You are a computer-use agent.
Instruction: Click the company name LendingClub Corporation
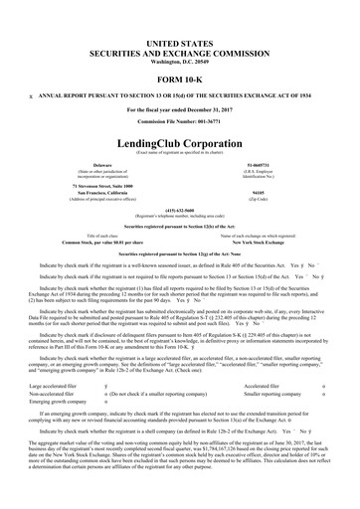180,115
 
